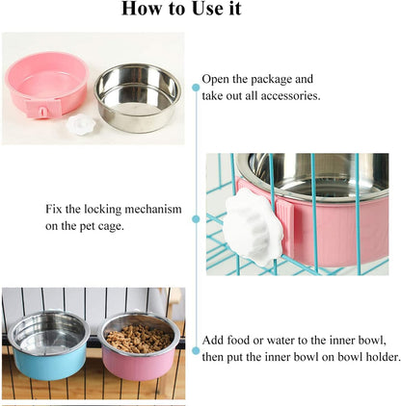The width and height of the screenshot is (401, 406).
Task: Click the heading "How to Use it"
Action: [x=200, y=12]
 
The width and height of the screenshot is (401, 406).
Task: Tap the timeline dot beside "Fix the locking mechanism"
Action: [x=196, y=218]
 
